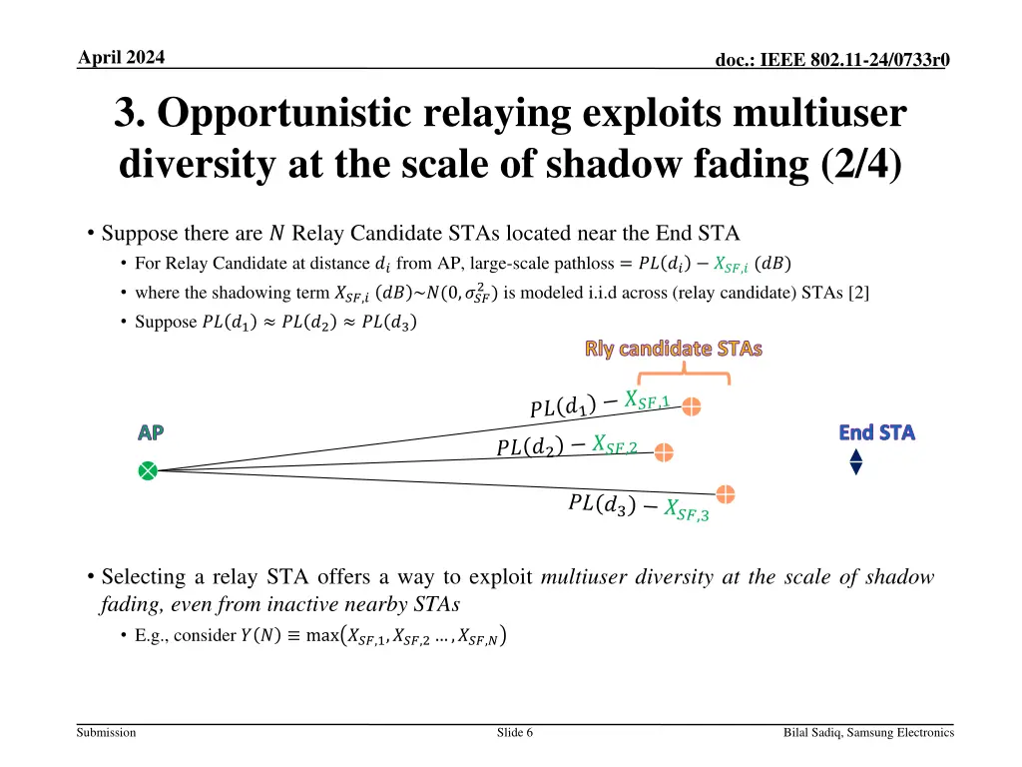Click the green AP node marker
pos(148,470)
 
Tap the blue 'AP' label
pos(151,433)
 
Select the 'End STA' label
pos(876,432)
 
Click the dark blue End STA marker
pos(855,461)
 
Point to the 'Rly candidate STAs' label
pos(674,349)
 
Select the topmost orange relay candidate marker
pos(692,406)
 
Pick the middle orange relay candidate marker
pos(664,452)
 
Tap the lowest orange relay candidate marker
pos(726,494)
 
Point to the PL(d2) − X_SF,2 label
pos(566,446)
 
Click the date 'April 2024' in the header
pos(122,57)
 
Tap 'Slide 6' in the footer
pos(515,733)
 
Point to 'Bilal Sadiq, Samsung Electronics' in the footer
pos(868,733)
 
